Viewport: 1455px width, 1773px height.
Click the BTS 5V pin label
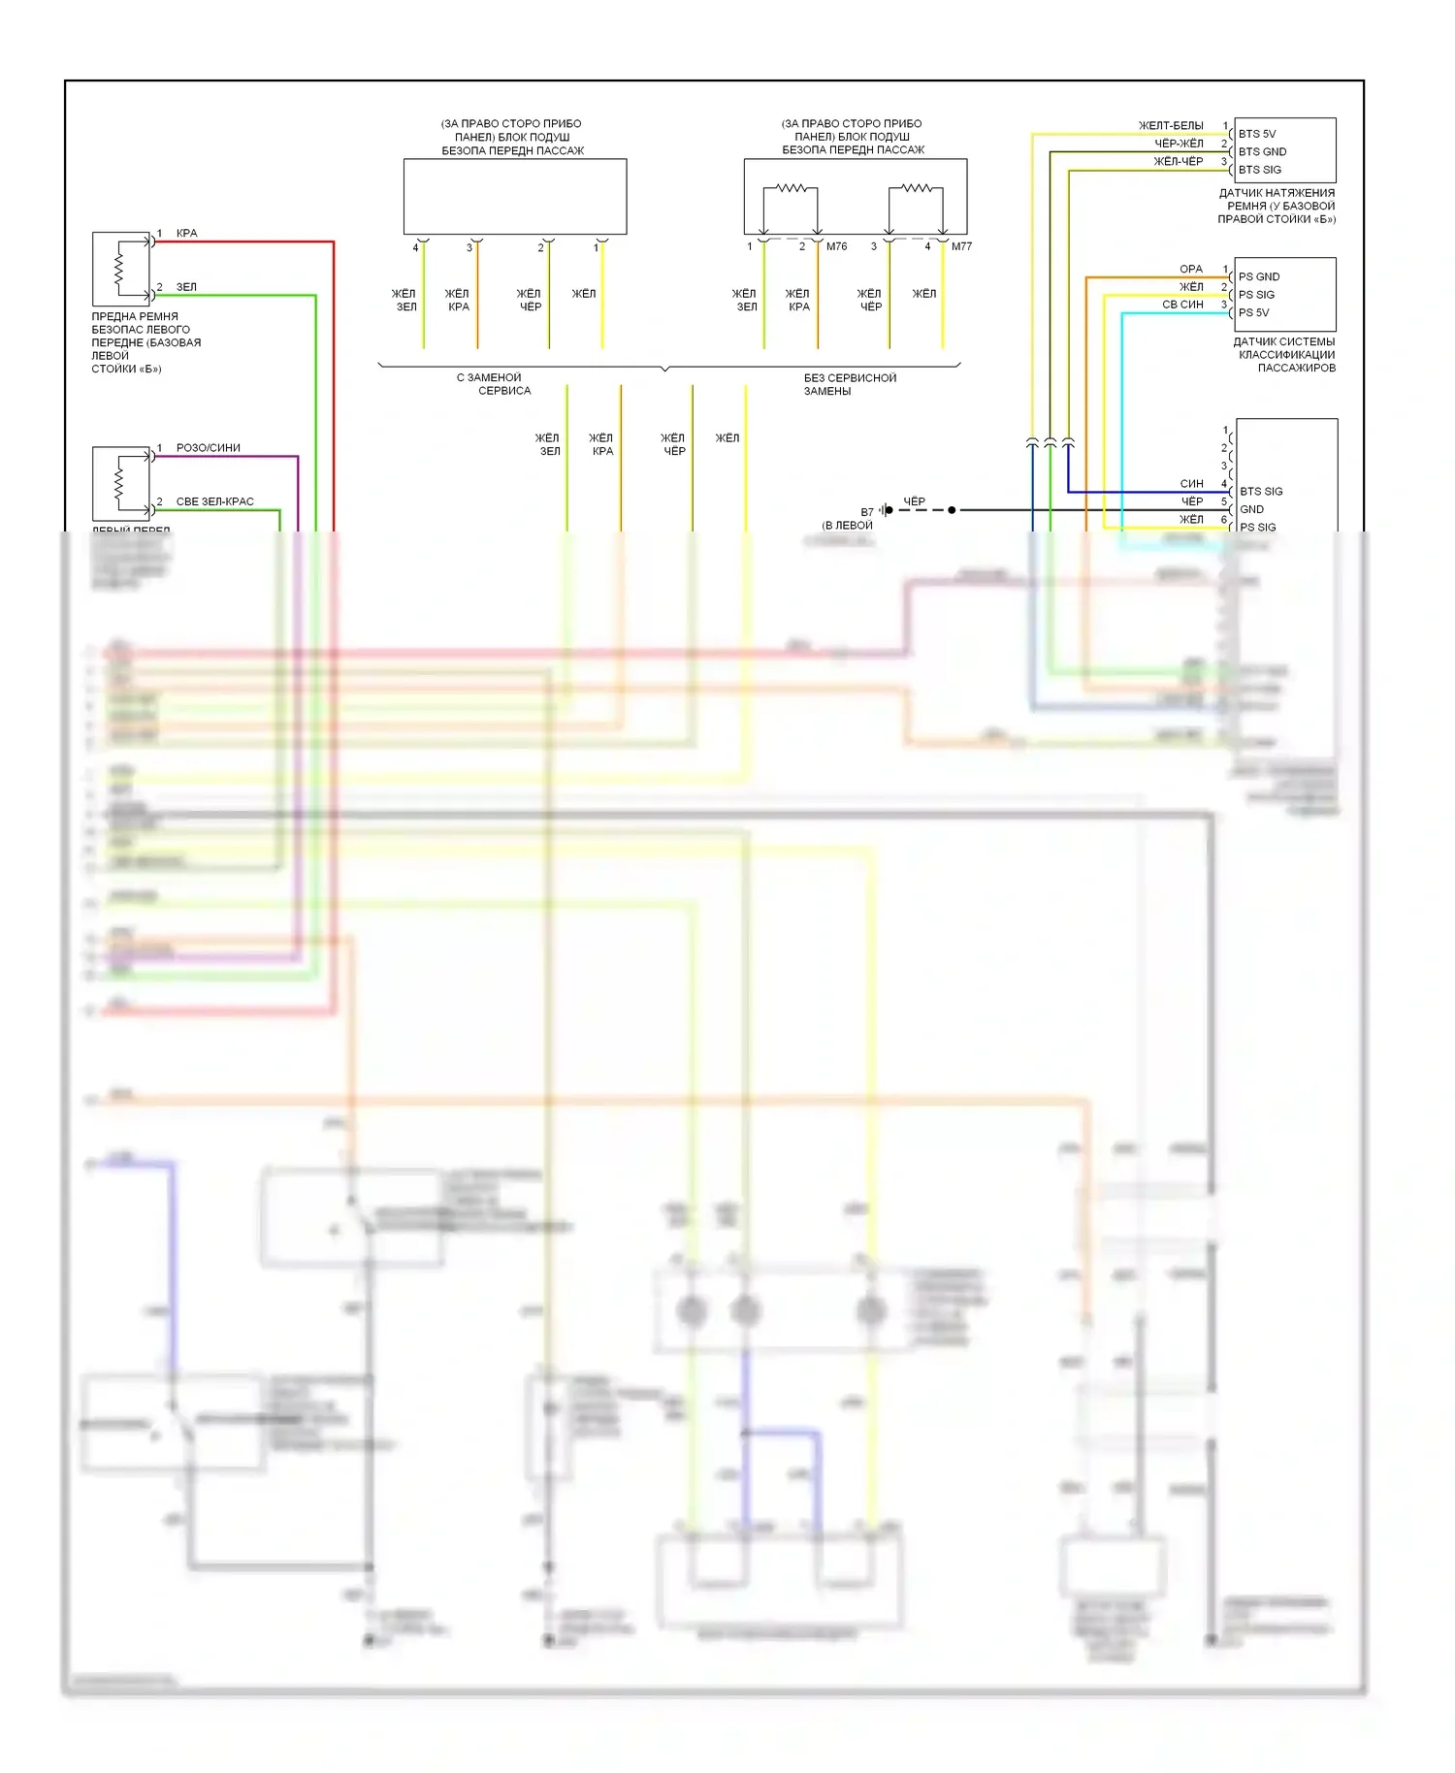coord(1256,134)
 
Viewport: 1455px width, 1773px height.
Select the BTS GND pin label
coord(1262,151)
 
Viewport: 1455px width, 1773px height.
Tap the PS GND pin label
coord(1258,276)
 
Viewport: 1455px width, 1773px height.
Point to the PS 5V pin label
coord(1253,312)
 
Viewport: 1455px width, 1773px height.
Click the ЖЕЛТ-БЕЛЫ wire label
coord(1171,125)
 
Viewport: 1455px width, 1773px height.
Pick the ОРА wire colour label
coord(1191,269)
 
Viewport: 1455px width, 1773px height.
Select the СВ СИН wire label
coord(1182,305)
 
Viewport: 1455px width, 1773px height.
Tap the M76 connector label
coord(836,246)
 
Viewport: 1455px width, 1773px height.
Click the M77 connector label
coord(961,246)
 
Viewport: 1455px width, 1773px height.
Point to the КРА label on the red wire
coord(186,233)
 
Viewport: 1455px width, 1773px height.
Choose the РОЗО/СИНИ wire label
coord(208,447)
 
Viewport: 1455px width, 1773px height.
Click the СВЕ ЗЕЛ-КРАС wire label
coord(214,501)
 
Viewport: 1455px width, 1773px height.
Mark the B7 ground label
coord(866,512)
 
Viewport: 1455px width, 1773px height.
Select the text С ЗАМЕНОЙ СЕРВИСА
coord(494,384)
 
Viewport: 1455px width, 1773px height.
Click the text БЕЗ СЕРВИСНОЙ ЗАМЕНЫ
coord(849,384)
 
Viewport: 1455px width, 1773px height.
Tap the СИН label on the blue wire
coord(1191,483)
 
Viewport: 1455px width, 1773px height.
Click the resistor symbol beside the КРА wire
coord(119,269)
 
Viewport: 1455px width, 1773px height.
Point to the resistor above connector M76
coord(791,188)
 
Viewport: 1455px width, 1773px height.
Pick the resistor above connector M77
coord(916,188)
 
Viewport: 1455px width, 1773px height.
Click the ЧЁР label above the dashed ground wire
coord(914,501)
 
